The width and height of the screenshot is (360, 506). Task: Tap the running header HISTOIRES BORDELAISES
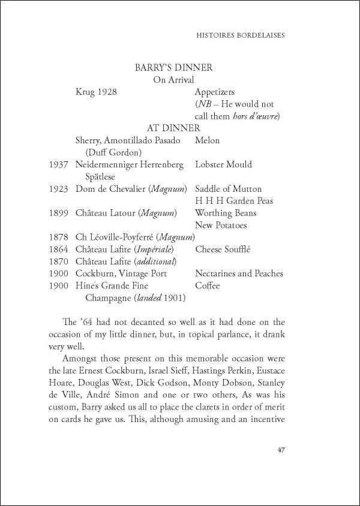tap(239, 35)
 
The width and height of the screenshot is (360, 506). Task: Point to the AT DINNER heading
tap(173, 128)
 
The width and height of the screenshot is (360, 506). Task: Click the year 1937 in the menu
tap(59, 164)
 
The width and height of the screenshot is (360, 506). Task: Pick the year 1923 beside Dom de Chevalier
tap(59, 189)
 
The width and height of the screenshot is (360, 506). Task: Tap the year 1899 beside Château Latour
tap(59, 213)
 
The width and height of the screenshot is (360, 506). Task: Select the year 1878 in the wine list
tap(59, 237)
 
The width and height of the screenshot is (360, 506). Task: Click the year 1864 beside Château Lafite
tap(59, 249)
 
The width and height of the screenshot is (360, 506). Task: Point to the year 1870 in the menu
tap(59, 261)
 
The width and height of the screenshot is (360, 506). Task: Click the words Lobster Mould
tap(223, 164)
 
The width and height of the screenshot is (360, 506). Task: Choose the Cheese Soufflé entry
tap(224, 249)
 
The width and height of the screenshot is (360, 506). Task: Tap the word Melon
tap(208, 140)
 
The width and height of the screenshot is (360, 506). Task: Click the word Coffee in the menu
tap(208, 286)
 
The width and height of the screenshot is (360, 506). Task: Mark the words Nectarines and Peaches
tap(239, 274)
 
